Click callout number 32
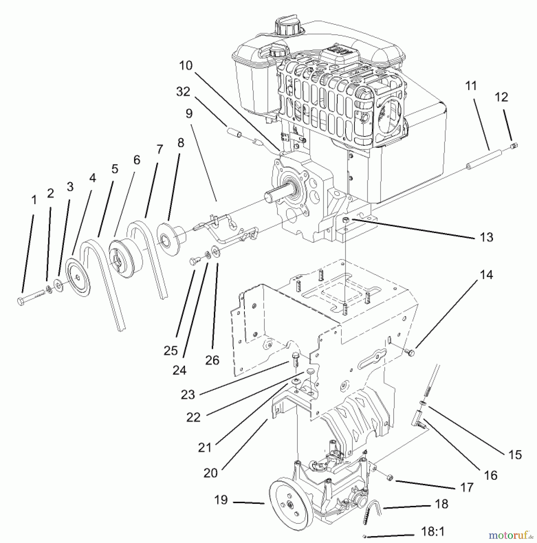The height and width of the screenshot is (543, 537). click(183, 92)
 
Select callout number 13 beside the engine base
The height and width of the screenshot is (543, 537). click(486, 237)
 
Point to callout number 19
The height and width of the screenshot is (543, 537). click(221, 500)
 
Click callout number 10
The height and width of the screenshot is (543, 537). click(186, 65)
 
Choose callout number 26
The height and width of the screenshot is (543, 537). click(212, 360)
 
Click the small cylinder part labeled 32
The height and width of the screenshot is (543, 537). click(234, 132)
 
